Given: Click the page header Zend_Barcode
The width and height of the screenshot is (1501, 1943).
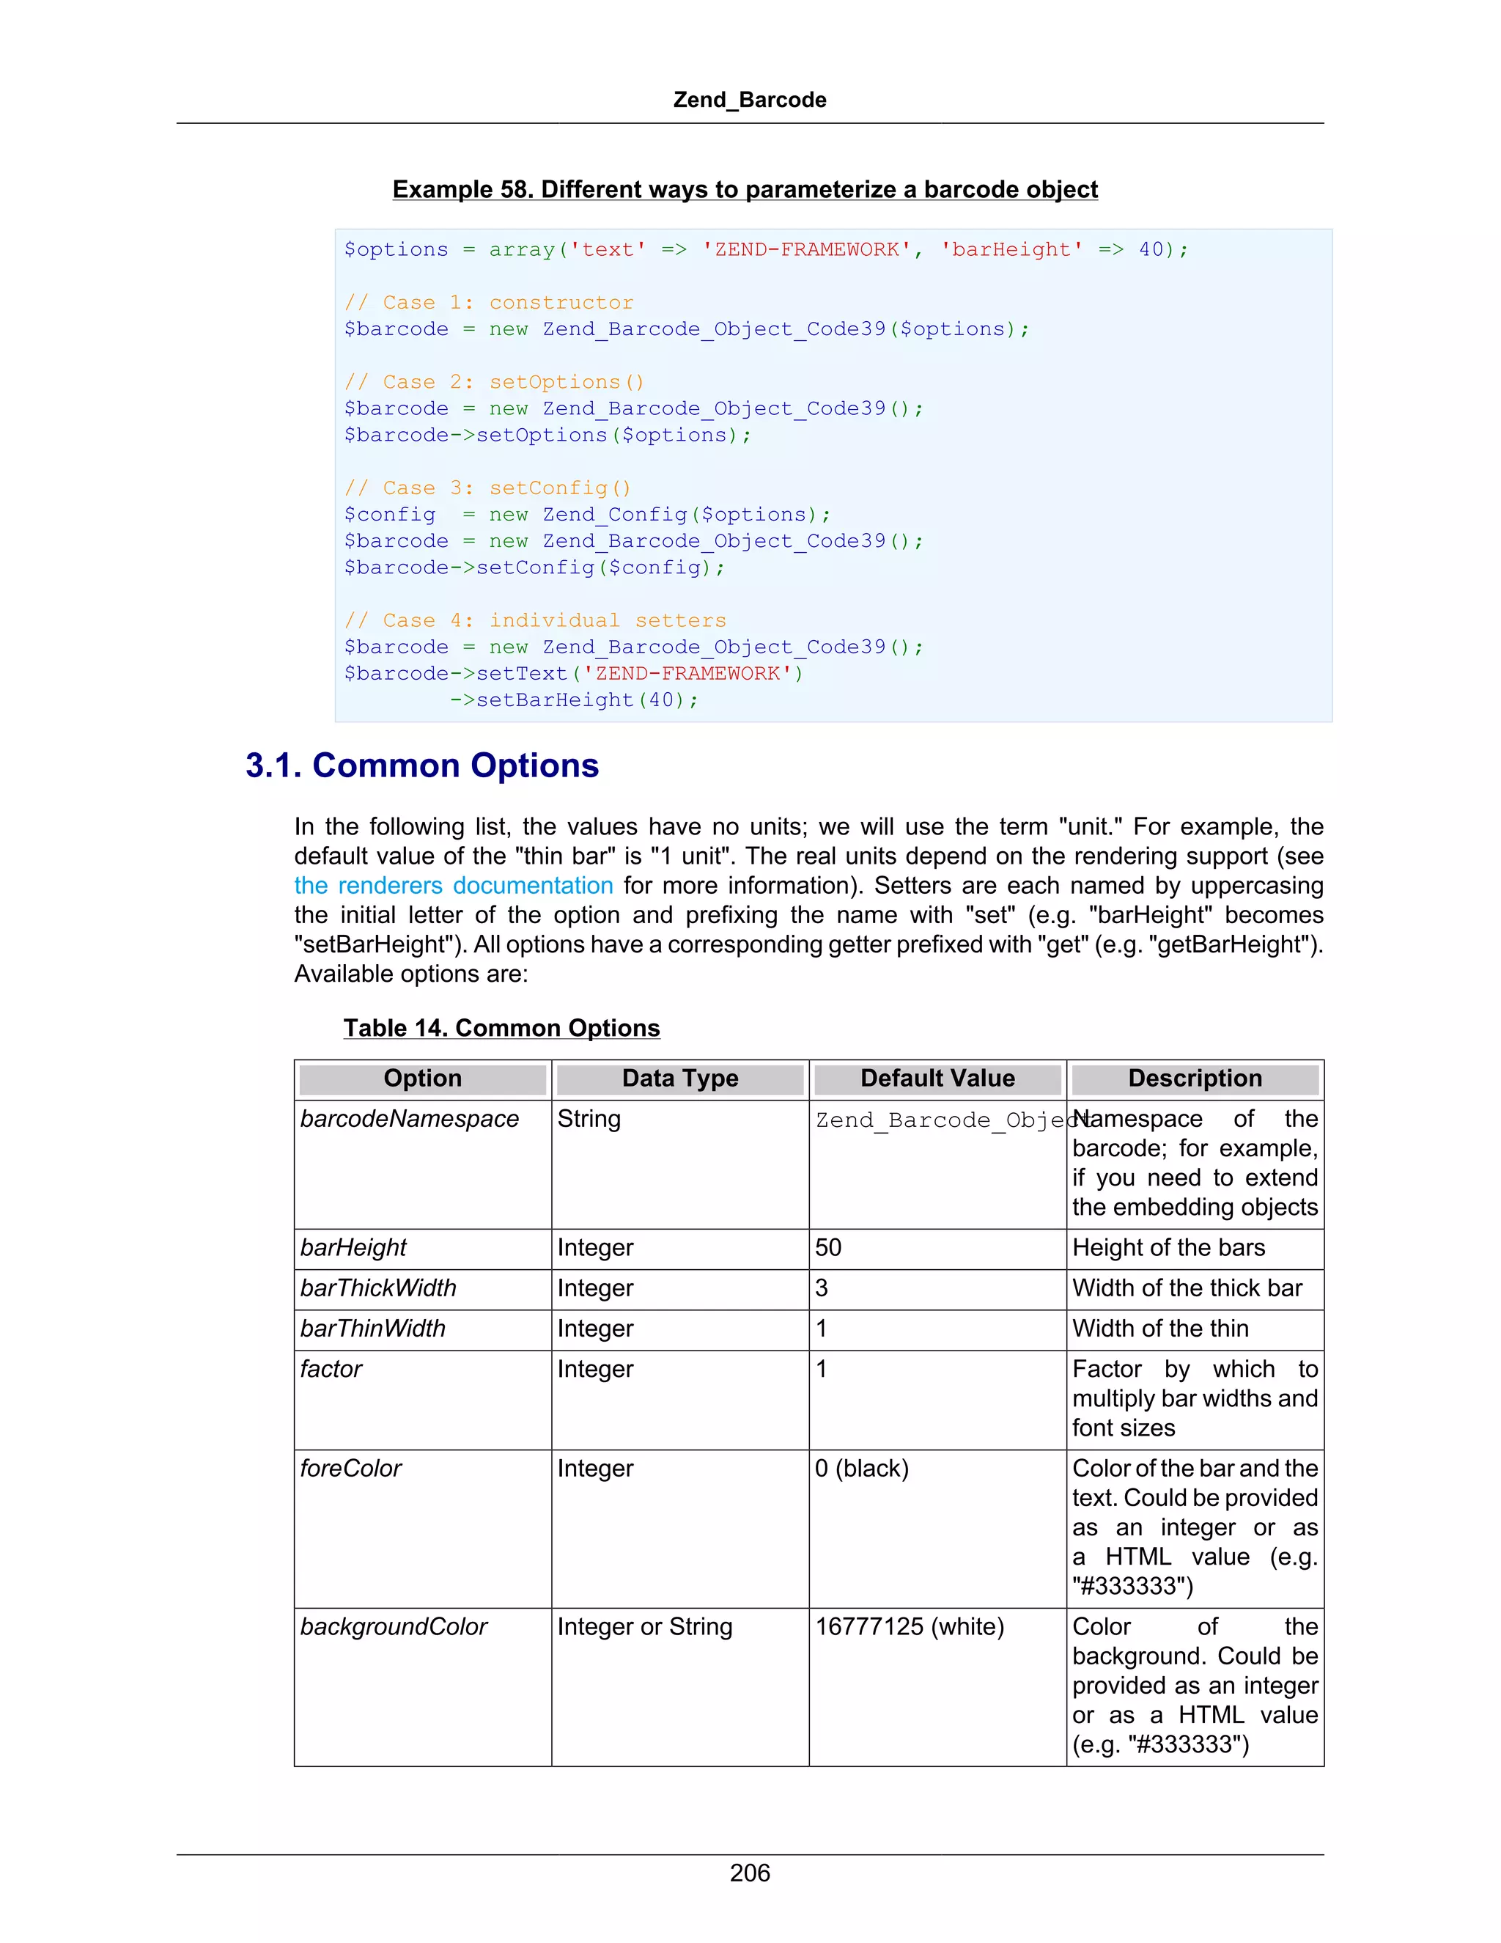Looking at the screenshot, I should [x=750, y=100].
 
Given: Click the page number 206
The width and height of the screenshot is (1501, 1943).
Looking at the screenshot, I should [x=750, y=1873].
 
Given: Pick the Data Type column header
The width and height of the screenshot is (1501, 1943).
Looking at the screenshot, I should [x=680, y=1079].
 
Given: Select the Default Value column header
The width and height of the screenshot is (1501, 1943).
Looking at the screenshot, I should [x=937, y=1079].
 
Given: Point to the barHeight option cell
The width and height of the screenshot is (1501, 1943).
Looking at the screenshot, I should [x=353, y=1247].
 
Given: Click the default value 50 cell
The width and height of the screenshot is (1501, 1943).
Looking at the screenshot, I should [x=828, y=1247].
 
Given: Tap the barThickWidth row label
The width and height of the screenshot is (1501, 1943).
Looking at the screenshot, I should [x=378, y=1288].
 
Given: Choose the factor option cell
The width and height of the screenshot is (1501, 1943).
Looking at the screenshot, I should [x=331, y=1368].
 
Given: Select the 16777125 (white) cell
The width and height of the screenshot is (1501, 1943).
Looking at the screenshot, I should [x=909, y=1626].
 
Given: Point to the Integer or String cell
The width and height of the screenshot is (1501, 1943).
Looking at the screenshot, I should [x=645, y=1626].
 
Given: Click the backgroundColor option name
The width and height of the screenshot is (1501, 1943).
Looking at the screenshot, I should [x=394, y=1626].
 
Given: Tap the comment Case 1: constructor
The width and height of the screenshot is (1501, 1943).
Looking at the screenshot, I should [x=489, y=303].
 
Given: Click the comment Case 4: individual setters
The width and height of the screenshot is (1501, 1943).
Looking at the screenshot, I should [x=535, y=620].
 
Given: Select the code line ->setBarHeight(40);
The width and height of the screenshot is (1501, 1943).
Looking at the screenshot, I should [x=574, y=700].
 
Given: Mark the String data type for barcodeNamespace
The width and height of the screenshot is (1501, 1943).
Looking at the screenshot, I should [x=589, y=1118].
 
